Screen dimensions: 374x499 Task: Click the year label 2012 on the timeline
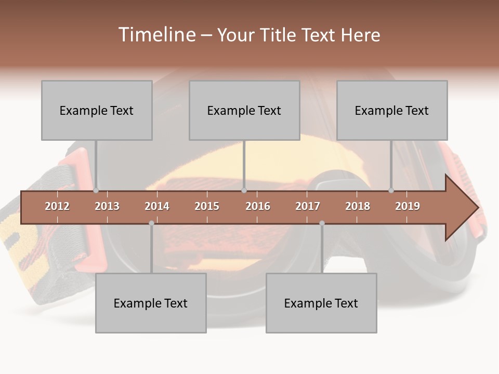tap(57, 206)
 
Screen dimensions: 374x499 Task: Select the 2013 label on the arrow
tap(107, 206)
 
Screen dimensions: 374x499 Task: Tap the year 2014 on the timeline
tap(157, 206)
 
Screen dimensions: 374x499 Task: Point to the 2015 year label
tap(207, 206)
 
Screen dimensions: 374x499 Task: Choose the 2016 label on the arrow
tap(258, 206)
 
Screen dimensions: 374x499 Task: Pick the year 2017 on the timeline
tap(308, 206)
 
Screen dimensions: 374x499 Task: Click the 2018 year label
tap(358, 206)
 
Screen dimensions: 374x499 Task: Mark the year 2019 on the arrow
tap(408, 206)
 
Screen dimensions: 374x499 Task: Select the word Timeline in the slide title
tap(156, 35)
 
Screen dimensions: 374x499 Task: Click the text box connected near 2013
tap(97, 110)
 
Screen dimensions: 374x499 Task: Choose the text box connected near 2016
tap(244, 110)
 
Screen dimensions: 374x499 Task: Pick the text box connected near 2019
tap(392, 110)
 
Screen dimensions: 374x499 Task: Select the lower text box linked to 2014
tap(151, 303)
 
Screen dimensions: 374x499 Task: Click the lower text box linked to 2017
tap(321, 303)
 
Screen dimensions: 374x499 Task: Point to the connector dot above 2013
tap(96, 190)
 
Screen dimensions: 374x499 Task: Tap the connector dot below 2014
tap(151, 223)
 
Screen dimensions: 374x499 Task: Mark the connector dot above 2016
tap(244, 190)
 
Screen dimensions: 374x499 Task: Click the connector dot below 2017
tap(322, 223)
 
